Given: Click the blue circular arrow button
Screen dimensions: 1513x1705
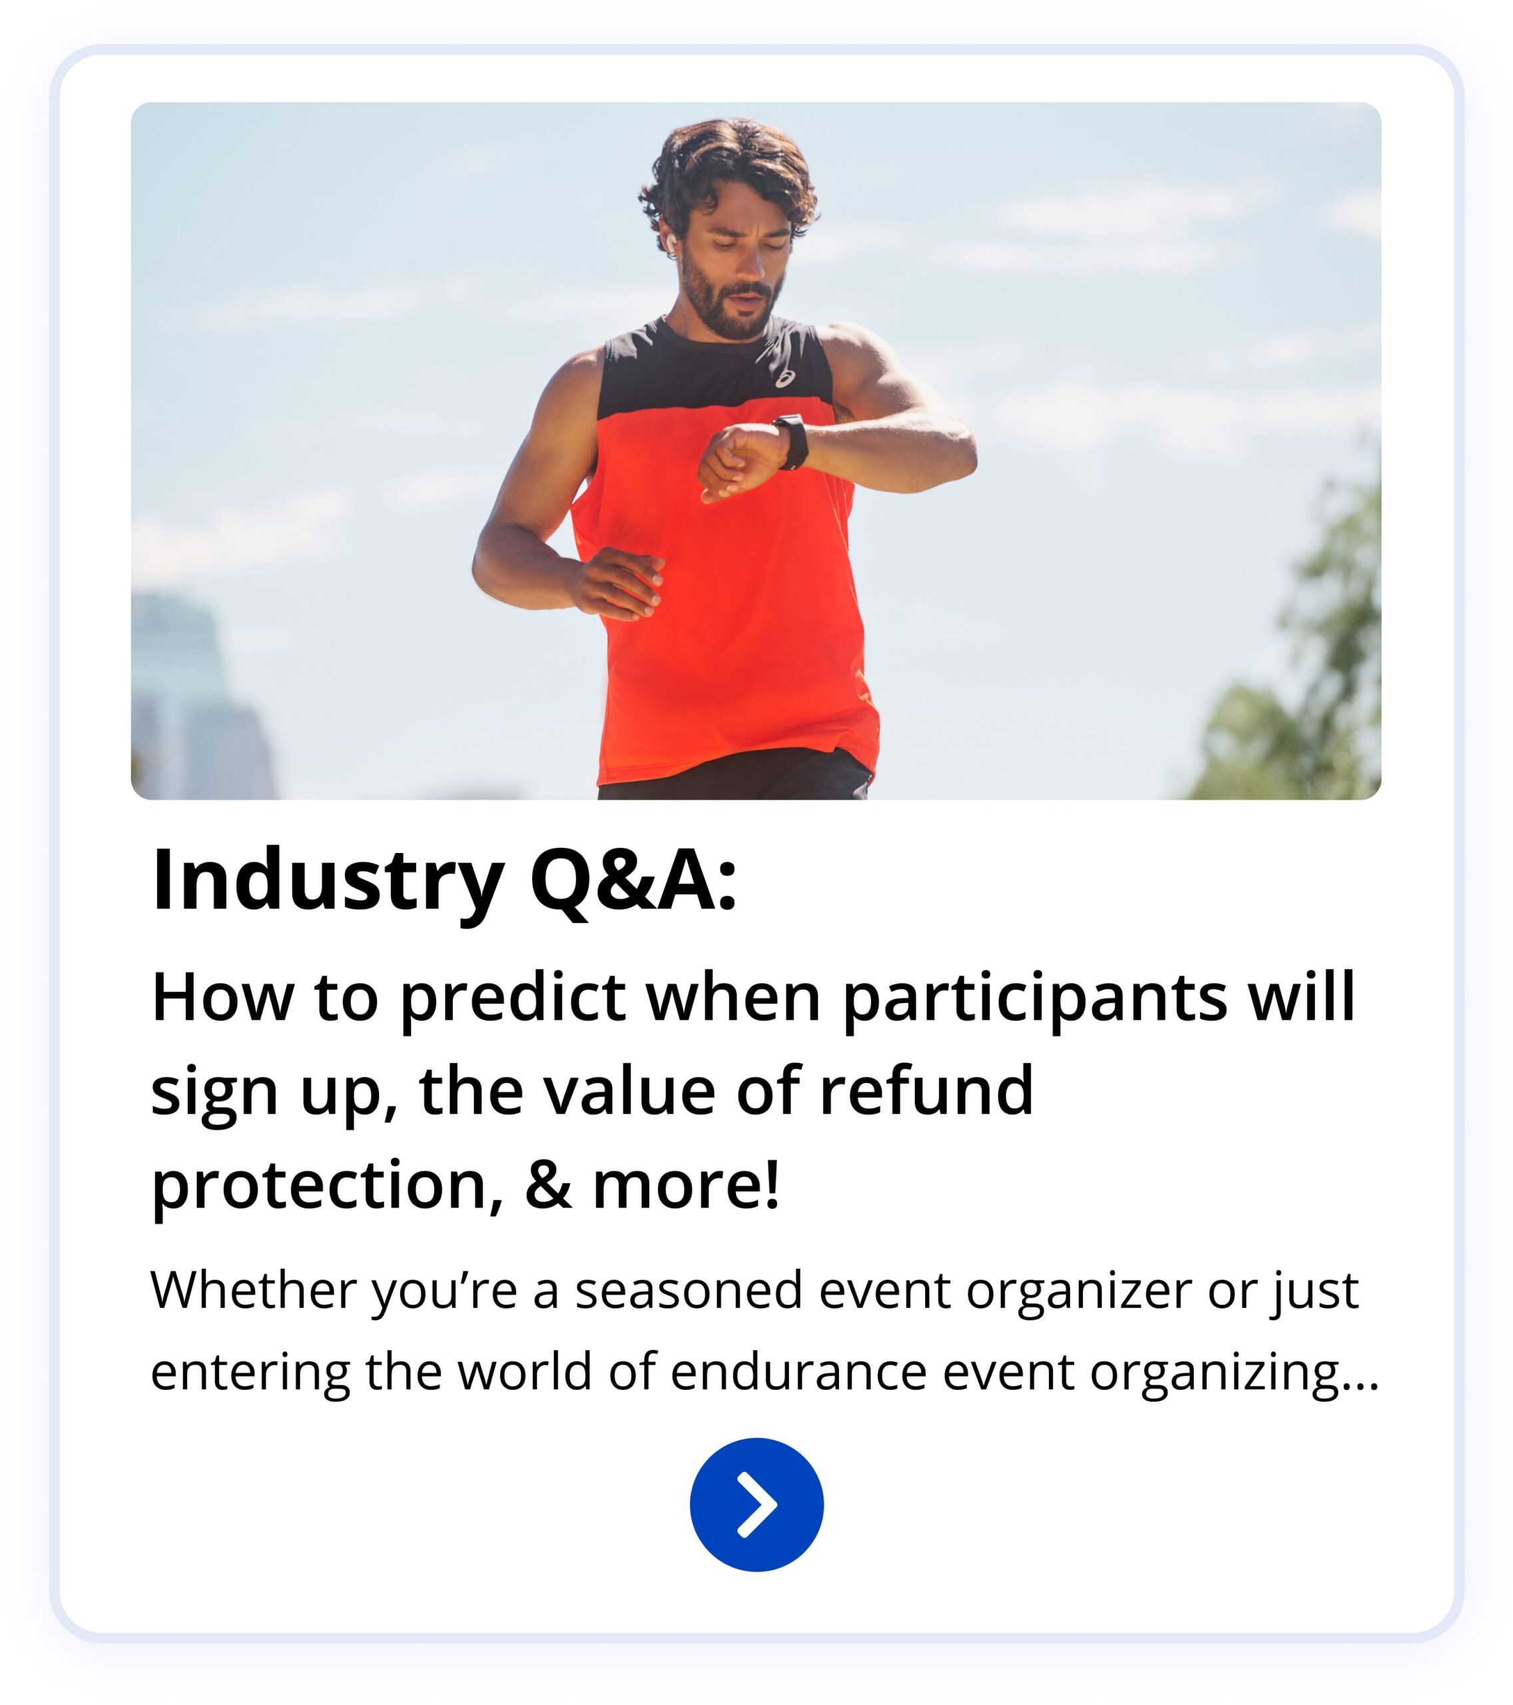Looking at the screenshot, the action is [756, 1505].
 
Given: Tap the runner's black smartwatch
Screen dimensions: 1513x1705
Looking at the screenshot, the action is [792, 442].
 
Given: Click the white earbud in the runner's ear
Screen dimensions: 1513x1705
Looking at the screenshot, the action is [671, 239].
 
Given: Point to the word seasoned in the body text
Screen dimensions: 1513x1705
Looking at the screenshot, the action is [690, 1291].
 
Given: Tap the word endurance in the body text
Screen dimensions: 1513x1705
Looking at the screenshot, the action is [798, 1372].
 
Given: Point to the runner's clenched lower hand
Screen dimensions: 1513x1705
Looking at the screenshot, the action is [618, 581].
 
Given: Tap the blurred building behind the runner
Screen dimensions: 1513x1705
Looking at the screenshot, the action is [200, 697].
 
